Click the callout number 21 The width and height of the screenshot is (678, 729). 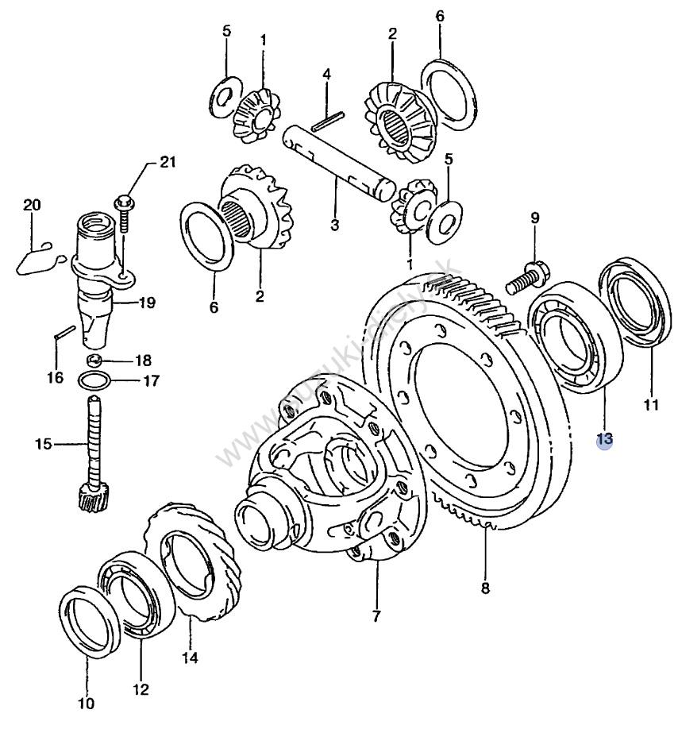[x=166, y=163]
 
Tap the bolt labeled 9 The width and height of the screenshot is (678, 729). [x=527, y=275]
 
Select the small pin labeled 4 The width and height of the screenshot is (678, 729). [x=327, y=121]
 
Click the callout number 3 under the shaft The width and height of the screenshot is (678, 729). [x=334, y=225]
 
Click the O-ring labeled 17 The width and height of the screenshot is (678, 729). [x=94, y=380]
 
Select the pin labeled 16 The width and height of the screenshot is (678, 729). [x=62, y=337]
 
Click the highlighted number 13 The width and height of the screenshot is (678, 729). [x=605, y=438]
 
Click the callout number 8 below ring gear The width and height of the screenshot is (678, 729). [x=485, y=588]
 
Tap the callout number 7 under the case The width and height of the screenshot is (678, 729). [x=376, y=615]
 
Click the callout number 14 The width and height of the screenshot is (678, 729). [x=191, y=657]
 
